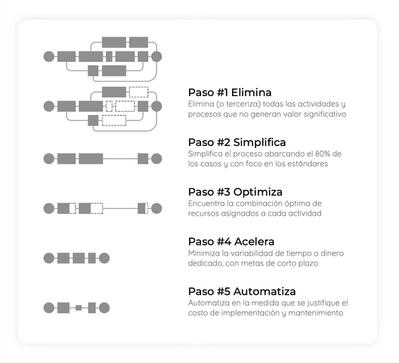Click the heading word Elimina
click(251, 92)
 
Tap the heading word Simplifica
click(259, 142)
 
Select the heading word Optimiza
click(258, 192)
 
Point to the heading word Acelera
click(254, 241)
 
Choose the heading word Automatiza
click(264, 291)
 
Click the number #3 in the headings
click(224, 192)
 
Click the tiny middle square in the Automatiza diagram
click(79, 308)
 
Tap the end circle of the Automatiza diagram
click(104, 308)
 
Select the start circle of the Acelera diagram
click(49, 258)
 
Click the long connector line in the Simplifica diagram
click(120, 159)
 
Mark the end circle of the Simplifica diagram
click(156, 159)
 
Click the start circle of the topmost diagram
click(49, 57)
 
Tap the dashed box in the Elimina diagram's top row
click(139, 92)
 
